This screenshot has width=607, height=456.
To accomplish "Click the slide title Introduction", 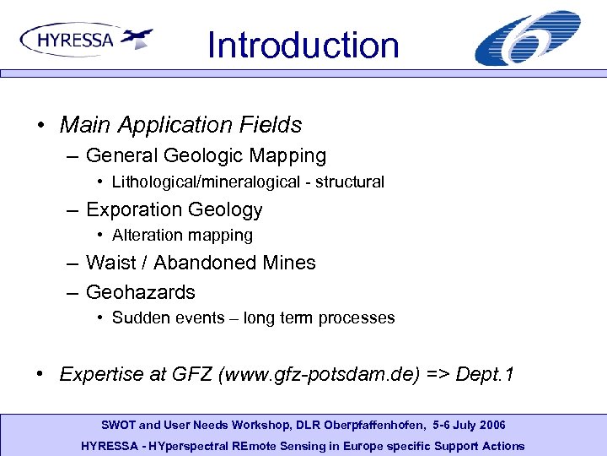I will tap(303, 45).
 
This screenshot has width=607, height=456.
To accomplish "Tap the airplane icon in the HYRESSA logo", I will tap(137, 38).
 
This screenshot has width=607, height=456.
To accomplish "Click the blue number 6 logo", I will tap(527, 39).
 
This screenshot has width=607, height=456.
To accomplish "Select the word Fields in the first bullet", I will tap(269, 125).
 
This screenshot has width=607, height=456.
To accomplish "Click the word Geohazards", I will tap(141, 292).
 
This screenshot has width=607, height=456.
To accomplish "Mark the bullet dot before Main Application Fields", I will tap(41, 126).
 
